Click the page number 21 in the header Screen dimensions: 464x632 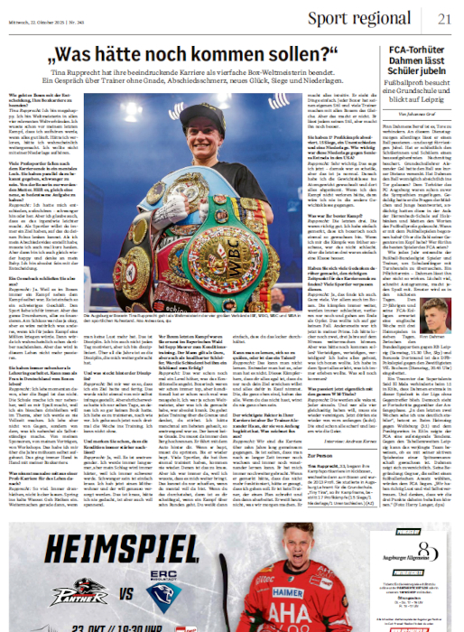pos(443,20)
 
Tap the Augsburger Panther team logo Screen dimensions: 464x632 pos(51,590)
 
